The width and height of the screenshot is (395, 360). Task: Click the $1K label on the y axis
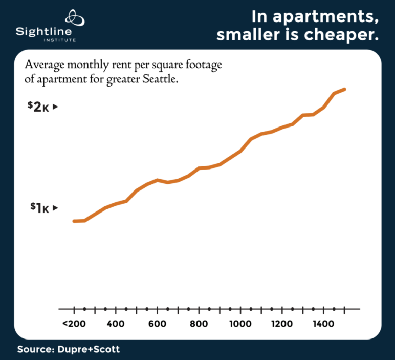pos(39,208)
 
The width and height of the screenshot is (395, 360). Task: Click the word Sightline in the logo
pos(46,31)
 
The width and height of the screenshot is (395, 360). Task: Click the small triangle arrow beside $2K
pos(56,107)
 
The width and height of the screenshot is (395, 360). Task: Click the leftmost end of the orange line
pos(75,221)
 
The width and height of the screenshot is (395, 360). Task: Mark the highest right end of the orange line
pos(345,89)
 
